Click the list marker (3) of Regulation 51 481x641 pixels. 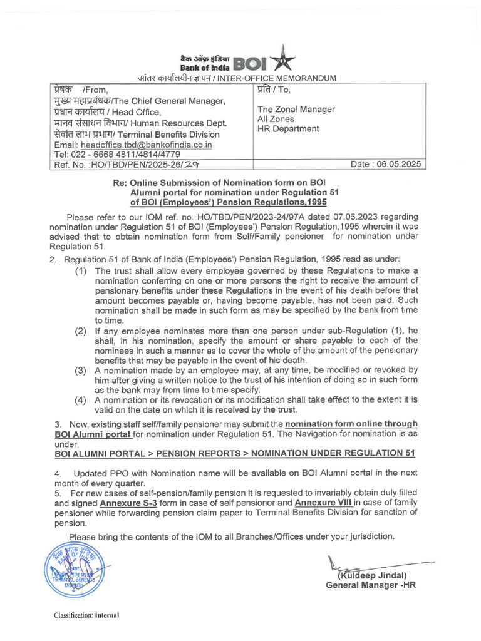pyautogui.click(x=81, y=371)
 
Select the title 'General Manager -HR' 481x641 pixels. pyautogui.click(x=371, y=585)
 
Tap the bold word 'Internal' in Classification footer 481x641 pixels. pyautogui.click(x=107, y=615)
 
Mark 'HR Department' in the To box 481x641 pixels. pyautogui.click(x=289, y=129)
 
